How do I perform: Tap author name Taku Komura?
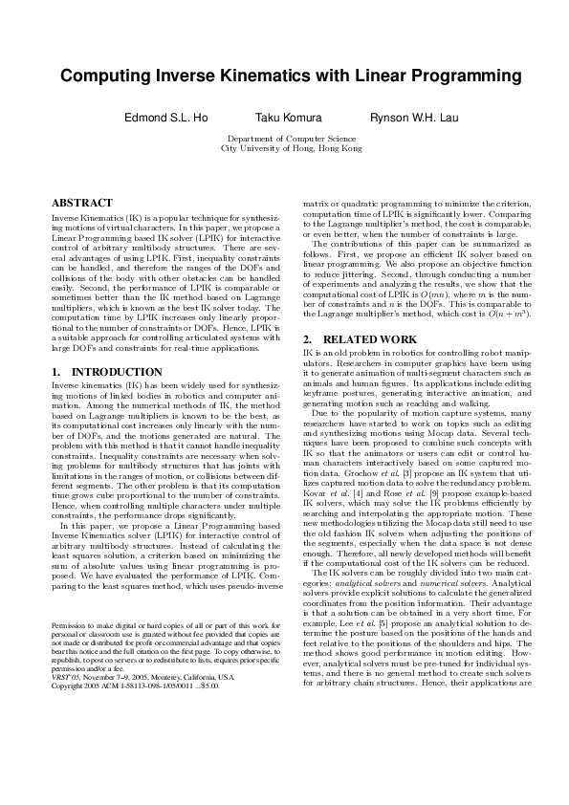coord(288,119)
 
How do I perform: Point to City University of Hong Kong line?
coord(291,149)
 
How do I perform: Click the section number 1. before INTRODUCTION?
coord(56,371)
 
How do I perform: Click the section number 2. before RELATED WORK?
coord(308,339)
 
